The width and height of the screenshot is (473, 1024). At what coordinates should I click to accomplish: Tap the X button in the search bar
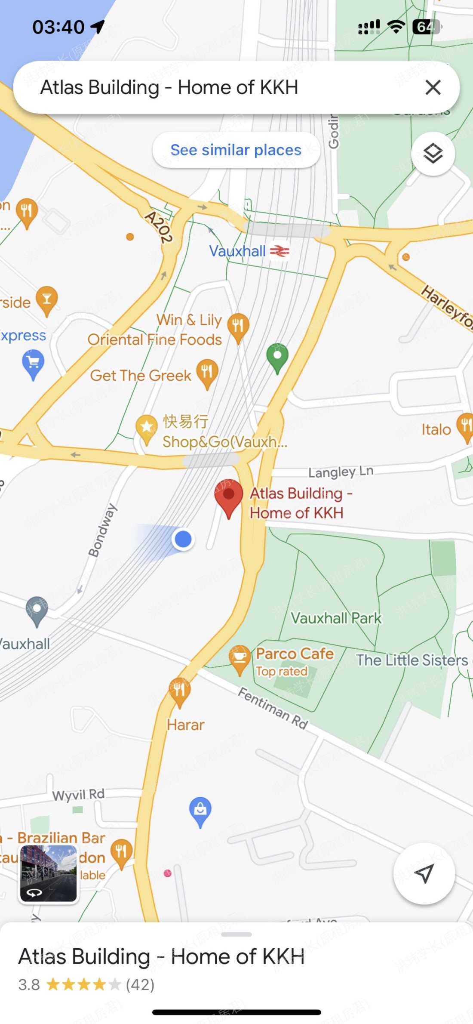click(433, 87)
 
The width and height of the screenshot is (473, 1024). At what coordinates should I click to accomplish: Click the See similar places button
click(236, 150)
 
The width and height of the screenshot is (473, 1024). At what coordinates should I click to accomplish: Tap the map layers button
click(433, 154)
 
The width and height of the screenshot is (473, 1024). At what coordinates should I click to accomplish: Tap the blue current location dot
click(184, 539)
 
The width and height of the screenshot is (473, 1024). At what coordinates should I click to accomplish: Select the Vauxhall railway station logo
click(279, 251)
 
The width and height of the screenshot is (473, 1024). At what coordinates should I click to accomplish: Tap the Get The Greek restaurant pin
click(207, 373)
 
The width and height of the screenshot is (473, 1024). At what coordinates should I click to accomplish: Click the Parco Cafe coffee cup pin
click(240, 659)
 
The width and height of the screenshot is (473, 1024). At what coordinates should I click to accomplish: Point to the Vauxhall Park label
click(336, 618)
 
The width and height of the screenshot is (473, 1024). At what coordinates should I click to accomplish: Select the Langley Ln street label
click(341, 472)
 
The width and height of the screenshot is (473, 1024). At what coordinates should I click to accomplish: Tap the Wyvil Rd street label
click(78, 795)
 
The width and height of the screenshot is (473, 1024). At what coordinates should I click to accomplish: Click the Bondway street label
click(102, 530)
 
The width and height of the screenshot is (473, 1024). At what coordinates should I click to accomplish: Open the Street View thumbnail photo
click(48, 873)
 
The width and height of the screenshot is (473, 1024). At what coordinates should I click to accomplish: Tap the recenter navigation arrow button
click(424, 873)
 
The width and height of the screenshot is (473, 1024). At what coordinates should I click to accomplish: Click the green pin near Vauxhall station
click(277, 357)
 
